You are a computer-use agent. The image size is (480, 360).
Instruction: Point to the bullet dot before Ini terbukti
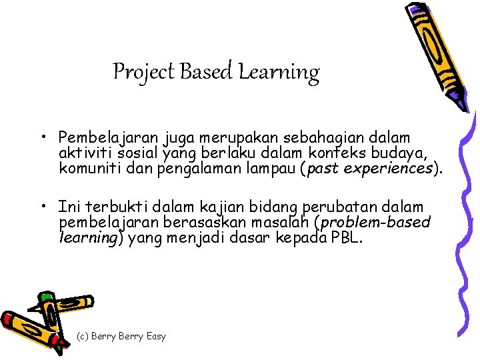tap(42, 207)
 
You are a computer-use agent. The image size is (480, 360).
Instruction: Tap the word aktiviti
tap(83, 153)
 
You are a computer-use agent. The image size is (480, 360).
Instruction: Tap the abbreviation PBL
tap(346, 237)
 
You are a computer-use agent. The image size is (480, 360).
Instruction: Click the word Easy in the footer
tap(155, 336)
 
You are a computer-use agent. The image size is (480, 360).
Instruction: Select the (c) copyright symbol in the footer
tap(85, 336)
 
